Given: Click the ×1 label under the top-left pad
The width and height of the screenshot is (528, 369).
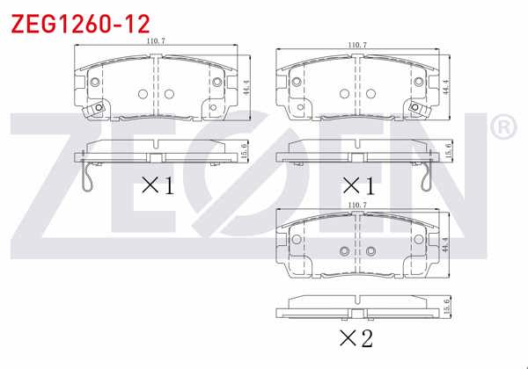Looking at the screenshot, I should pos(158,186).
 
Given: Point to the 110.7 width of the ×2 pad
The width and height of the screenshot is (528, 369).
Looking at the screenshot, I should pos(357,205).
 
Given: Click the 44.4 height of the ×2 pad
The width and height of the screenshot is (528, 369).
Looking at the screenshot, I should pos(447,243).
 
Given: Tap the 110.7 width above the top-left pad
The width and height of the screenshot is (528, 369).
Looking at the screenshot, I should pos(157,41).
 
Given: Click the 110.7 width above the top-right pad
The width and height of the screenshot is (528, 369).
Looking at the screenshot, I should pos(357,44).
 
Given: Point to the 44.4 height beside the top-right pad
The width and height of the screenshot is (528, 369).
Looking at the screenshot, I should pos(447,88).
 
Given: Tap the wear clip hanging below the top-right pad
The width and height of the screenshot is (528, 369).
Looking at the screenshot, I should pos(428,180).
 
